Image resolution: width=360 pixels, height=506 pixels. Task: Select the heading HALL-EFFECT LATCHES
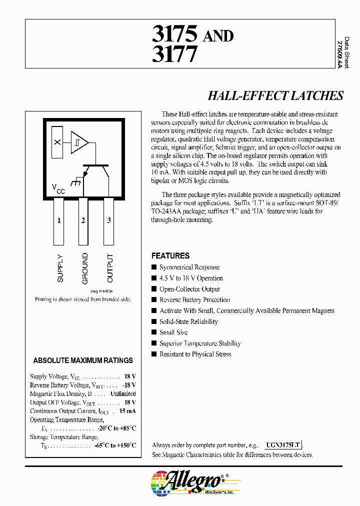pyautogui.click(x=275, y=95)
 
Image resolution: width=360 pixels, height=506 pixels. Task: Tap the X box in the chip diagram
pyautogui.click(x=57, y=142)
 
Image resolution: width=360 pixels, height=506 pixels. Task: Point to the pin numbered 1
pyautogui.click(x=59, y=220)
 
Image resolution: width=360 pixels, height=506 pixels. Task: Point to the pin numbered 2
pyautogui.click(x=83, y=220)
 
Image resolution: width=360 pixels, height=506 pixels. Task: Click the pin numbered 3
pyautogui.click(x=108, y=220)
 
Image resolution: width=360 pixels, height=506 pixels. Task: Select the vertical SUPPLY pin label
pyautogui.click(x=60, y=268)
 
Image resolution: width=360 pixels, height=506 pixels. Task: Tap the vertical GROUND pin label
pyautogui.click(x=85, y=268)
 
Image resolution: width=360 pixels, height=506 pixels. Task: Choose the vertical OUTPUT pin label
pyautogui.click(x=110, y=268)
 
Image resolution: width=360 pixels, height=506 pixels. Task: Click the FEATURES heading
pyautogui.click(x=170, y=255)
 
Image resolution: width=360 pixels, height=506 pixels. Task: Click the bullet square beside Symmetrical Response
pyautogui.click(x=154, y=267)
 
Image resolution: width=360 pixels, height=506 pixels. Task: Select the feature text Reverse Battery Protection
pyautogui.click(x=194, y=300)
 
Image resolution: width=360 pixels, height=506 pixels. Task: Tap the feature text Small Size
pyautogui.click(x=174, y=332)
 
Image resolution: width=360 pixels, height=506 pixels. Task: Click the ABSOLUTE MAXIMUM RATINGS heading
pyautogui.click(x=83, y=360)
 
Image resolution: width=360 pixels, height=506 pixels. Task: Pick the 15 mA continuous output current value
pyautogui.click(x=127, y=411)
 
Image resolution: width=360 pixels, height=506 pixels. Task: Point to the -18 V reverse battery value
pyautogui.click(x=129, y=385)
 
